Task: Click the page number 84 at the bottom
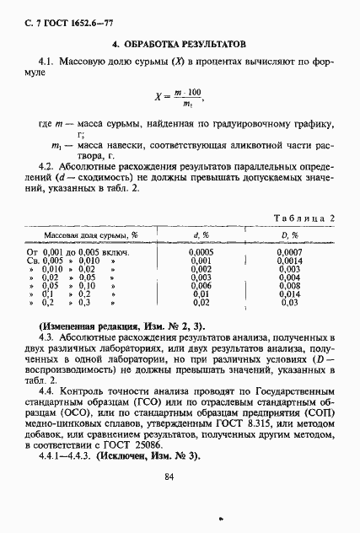tap(180, 481)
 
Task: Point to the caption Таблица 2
tap(305, 218)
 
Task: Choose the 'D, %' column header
tap(289, 234)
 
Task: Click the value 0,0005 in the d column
tap(201, 252)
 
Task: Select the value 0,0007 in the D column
tap(289, 252)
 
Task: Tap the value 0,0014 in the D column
tap(289, 261)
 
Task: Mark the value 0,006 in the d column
tap(201, 286)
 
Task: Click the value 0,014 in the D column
tap(289, 294)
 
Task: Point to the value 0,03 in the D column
tap(289, 303)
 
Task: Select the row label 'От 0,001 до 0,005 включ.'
tap(79, 252)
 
